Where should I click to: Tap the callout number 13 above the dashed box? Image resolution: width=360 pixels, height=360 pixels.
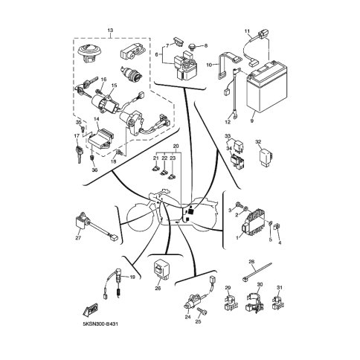coord(110,30)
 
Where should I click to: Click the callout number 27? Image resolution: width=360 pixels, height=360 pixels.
coord(78,237)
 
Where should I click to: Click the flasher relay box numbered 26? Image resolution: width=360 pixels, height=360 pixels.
coord(161,270)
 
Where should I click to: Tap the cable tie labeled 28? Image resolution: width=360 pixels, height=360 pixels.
coord(257,272)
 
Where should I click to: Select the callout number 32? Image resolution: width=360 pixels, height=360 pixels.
coord(258,142)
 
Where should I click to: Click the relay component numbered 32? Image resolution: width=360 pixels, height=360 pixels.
coord(266,158)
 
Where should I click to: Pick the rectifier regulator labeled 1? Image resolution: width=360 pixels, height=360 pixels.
coord(254,223)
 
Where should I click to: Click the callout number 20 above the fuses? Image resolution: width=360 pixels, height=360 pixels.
coord(176,146)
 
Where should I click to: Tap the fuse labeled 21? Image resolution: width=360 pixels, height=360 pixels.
coord(155,170)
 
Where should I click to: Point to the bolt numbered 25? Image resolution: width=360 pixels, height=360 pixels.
coord(202,311)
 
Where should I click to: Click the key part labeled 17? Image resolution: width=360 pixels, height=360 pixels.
coord(79,154)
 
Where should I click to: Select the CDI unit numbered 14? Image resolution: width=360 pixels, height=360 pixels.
coord(100,139)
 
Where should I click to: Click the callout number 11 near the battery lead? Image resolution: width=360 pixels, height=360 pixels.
coord(247,31)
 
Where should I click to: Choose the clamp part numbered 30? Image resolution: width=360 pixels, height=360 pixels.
coord(254,302)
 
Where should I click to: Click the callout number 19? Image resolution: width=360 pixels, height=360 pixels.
coord(132,277)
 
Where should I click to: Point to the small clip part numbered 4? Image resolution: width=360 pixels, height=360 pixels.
coord(277,226)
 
